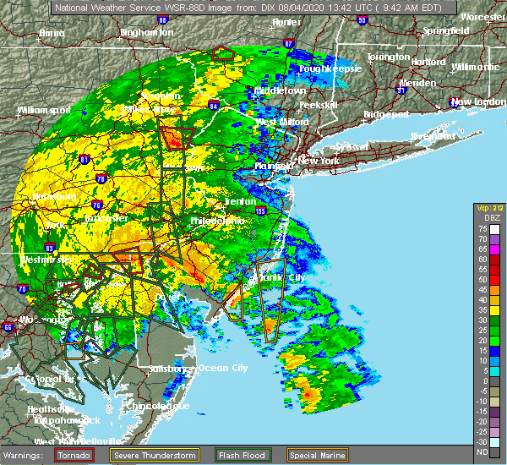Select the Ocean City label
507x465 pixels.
[223, 368]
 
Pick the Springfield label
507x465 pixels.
[447, 30]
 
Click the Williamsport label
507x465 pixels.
[44, 110]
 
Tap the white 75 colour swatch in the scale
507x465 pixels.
[493, 228]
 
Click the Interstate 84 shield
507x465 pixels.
[214, 106]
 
